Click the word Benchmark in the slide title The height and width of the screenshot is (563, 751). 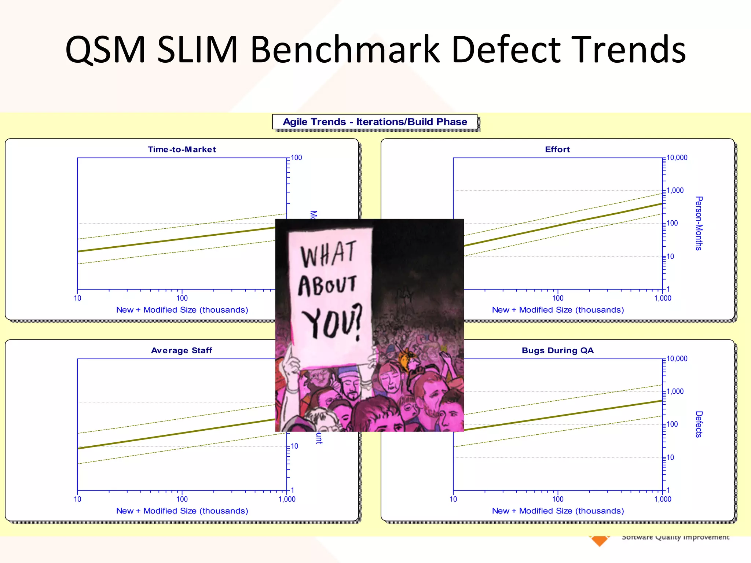click(x=345, y=49)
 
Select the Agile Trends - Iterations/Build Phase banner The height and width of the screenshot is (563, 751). click(x=375, y=122)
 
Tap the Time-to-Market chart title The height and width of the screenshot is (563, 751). click(x=182, y=150)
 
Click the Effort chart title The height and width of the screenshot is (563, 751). click(x=557, y=150)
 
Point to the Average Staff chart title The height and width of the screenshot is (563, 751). click(x=182, y=350)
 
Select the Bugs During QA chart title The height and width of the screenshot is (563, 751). click(x=557, y=350)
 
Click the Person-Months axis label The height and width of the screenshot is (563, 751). click(x=699, y=223)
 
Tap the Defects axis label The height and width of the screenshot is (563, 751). click(x=699, y=424)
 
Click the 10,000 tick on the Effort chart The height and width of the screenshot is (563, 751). click(x=677, y=158)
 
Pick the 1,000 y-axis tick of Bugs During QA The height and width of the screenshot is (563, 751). click(x=675, y=391)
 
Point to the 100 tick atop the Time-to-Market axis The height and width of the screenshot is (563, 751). click(x=296, y=158)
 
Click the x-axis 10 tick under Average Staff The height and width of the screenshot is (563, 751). click(x=77, y=499)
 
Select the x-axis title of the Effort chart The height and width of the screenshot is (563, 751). click(x=558, y=310)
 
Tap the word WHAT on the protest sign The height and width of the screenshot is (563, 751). click(x=328, y=254)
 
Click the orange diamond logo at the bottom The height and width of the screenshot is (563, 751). click(x=599, y=540)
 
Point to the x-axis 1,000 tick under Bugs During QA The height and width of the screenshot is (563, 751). click(x=663, y=499)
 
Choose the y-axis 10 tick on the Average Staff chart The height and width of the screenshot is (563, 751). click(x=294, y=446)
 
